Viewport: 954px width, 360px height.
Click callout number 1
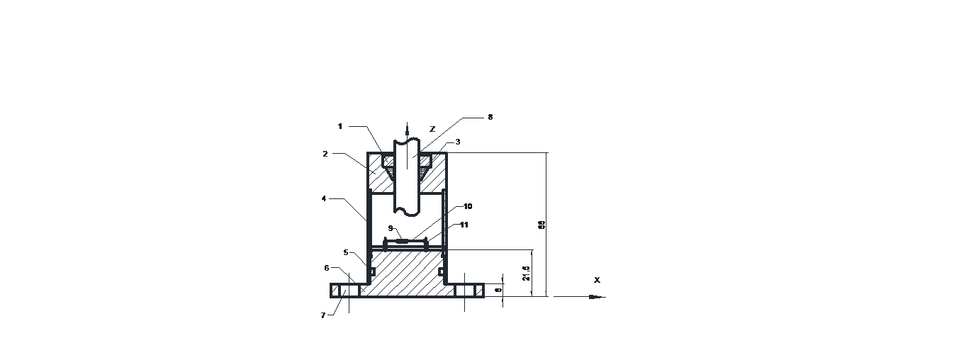340,126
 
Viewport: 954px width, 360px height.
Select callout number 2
325,153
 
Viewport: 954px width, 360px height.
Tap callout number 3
458,142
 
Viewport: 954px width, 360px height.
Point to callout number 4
324,199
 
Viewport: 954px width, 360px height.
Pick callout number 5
346,252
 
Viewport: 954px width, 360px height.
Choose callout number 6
327,268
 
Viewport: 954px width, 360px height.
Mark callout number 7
322,315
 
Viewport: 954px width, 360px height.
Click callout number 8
490,117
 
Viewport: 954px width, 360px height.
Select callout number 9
391,227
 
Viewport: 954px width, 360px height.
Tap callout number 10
468,206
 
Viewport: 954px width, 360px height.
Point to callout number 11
464,225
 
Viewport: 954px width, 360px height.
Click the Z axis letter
432,129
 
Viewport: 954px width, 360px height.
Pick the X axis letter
597,280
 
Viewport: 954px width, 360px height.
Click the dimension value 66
541,225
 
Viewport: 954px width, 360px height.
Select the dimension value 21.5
526,274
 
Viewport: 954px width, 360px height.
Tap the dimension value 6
498,291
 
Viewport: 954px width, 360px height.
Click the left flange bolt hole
347,291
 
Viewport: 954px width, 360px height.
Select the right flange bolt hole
465,291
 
